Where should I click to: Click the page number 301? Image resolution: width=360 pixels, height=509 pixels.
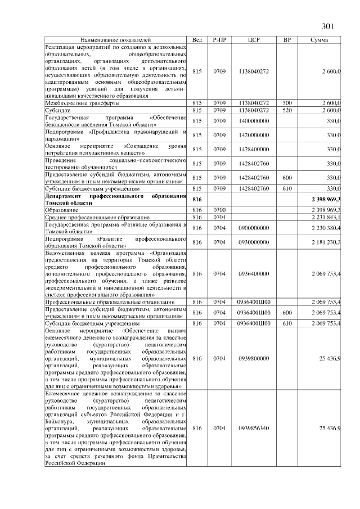328,26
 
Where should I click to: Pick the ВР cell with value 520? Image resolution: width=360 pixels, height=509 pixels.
287,110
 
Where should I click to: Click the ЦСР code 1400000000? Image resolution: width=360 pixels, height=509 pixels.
254,121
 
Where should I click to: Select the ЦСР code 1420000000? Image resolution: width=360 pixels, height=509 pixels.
254,135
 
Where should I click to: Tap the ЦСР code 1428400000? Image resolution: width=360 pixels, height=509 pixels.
254,149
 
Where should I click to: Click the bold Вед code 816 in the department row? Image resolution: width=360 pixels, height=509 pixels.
197,199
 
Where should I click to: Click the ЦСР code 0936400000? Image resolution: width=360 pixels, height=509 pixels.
254,273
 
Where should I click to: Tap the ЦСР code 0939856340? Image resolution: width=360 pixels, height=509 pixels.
254,429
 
